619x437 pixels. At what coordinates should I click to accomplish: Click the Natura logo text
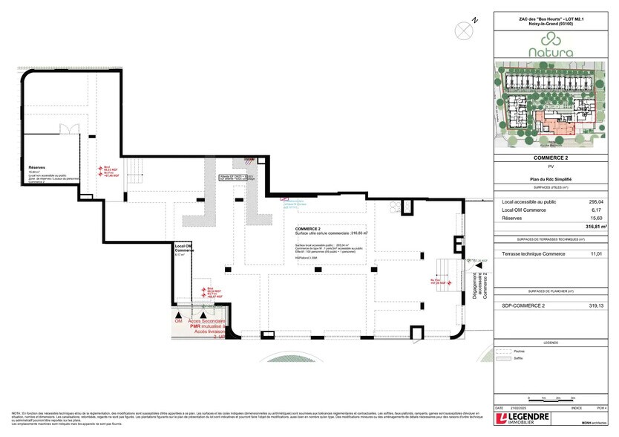click(x=551, y=53)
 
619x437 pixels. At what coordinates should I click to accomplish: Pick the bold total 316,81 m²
click(x=596, y=226)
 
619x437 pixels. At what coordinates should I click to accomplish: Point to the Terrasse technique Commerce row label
click(x=533, y=254)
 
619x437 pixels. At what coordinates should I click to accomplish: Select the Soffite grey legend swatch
click(x=509, y=359)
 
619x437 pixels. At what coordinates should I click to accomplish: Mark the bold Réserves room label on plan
click(x=36, y=168)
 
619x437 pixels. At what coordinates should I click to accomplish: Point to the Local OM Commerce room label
click(x=184, y=247)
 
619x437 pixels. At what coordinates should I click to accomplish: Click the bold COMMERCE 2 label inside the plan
click(x=308, y=229)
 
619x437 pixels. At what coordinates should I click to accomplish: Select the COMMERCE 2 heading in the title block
click(x=551, y=158)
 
